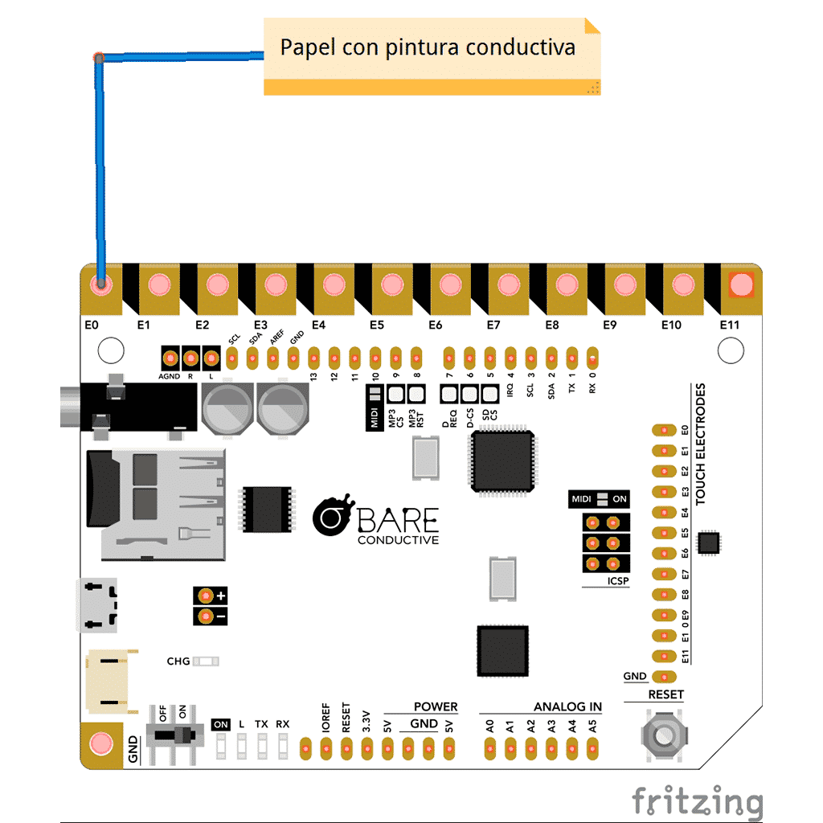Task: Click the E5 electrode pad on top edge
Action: pyautogui.click(x=392, y=285)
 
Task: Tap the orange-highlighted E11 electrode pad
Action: pyautogui.click(x=741, y=285)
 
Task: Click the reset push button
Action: pyautogui.click(x=664, y=735)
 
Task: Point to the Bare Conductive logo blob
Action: pyautogui.click(x=332, y=515)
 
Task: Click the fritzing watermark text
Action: pyautogui.click(x=698, y=801)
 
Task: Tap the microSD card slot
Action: pyautogui.click(x=157, y=505)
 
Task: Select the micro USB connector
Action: pyautogui.click(x=97, y=605)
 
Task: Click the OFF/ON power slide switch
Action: pyautogui.click(x=174, y=734)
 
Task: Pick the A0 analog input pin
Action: pyautogui.click(x=489, y=749)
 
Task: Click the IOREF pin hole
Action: pyautogui.click(x=326, y=749)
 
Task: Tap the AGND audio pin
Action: pyautogui.click(x=170, y=358)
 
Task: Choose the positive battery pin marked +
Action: pyautogui.click(x=206, y=596)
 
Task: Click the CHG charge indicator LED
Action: pyautogui.click(x=206, y=661)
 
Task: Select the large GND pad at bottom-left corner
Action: pyautogui.click(x=101, y=744)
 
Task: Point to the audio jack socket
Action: pyautogui.click(x=129, y=407)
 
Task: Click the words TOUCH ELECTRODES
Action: pyautogui.click(x=701, y=444)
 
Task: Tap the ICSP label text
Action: pyautogui.click(x=618, y=581)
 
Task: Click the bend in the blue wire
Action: pyautogui.click(x=99, y=57)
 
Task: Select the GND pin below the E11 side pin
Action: pyautogui.click(x=664, y=677)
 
